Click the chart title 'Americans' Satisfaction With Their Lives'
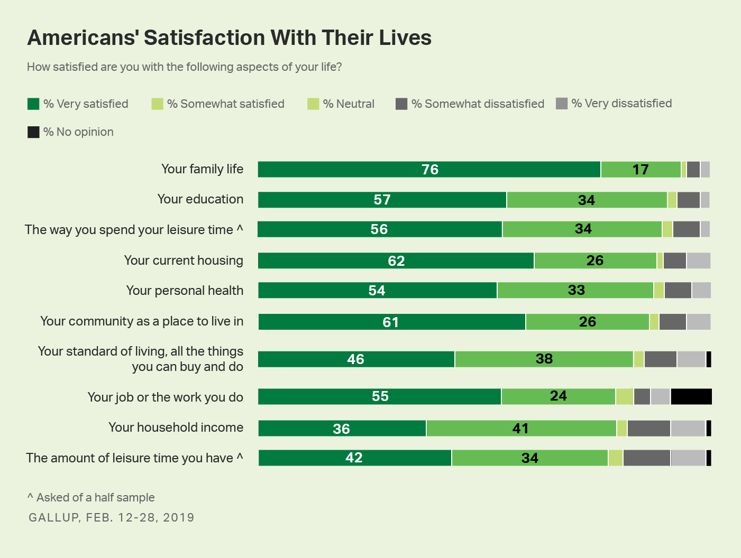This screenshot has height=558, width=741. [229, 38]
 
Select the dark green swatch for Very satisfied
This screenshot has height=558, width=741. [33, 104]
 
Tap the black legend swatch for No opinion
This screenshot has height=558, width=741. [33, 132]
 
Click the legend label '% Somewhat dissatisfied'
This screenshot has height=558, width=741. [478, 104]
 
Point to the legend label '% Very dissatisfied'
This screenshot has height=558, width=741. [621, 104]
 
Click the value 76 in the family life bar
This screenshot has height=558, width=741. [430, 170]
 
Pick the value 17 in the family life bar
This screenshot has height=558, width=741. [641, 170]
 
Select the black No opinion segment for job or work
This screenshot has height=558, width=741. [691, 396]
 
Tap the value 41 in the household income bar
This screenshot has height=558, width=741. [520, 429]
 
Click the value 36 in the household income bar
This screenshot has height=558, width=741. [341, 429]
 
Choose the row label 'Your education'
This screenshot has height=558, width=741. [200, 199]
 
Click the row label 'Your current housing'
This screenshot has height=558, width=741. [184, 261]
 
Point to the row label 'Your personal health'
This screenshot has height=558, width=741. [185, 291]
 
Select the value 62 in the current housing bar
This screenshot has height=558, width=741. [396, 261]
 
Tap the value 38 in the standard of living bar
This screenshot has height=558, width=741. [544, 359]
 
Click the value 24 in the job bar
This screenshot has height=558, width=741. [559, 396]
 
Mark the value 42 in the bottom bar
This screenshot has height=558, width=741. [354, 458]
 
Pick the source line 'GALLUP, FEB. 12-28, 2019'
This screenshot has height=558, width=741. [112, 517]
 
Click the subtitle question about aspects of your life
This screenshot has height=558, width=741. [185, 67]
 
